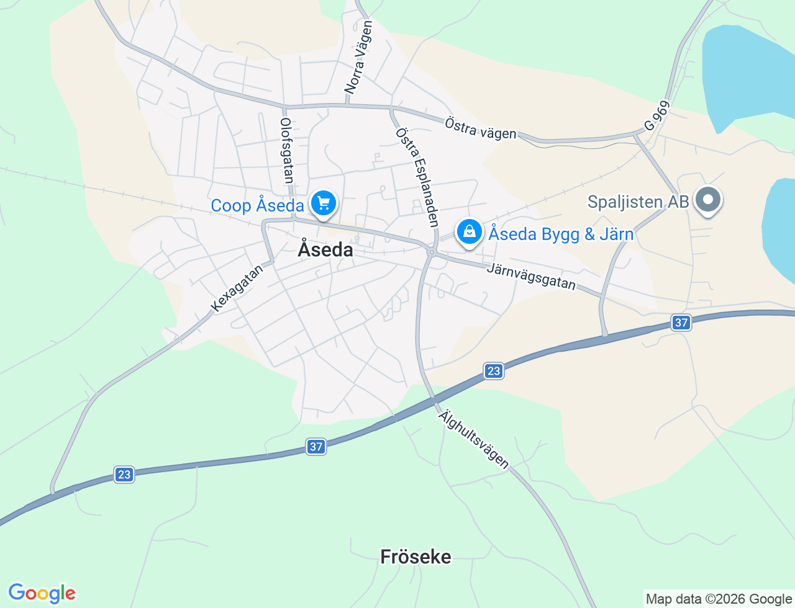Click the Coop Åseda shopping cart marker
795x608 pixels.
coord(323,203)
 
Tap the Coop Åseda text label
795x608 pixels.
coord(257,206)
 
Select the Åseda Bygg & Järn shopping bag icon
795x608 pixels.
coord(470,232)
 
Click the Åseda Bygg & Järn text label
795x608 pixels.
coord(561,234)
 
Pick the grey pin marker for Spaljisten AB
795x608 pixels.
coord(707,200)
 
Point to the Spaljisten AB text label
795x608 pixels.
coord(638,202)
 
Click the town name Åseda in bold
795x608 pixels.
coord(325,249)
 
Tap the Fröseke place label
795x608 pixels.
coord(416,557)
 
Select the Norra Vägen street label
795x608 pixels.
coord(358,58)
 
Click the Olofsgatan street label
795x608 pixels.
coord(286,151)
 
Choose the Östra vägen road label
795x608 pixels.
coord(481,128)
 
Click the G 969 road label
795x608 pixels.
coord(657,116)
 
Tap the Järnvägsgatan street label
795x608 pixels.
coord(531,276)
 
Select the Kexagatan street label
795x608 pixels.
coord(237,288)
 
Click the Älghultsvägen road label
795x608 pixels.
coord(473,439)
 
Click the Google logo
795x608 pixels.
coord(42,593)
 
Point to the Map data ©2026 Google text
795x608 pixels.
coord(719,599)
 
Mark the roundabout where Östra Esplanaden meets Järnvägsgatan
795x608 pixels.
coord(432,251)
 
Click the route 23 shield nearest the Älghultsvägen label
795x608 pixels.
coord(493,371)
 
